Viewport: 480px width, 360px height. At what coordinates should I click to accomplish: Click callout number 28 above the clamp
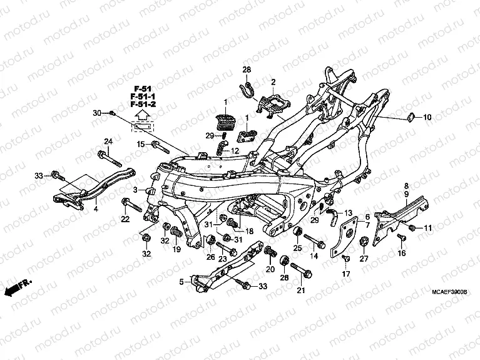pos(247,69)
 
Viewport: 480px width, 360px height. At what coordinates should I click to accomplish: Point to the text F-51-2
pos(143,105)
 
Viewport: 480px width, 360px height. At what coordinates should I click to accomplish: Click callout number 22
pos(125,219)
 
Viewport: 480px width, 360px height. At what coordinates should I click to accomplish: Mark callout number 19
pos(177,249)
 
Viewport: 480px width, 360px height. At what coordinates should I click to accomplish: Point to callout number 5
pos(182,282)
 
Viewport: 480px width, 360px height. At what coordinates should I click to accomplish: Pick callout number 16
pos(402,253)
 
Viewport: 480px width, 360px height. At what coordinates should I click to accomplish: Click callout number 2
pos(273,82)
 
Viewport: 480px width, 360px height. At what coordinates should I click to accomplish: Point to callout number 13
pos(349,213)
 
